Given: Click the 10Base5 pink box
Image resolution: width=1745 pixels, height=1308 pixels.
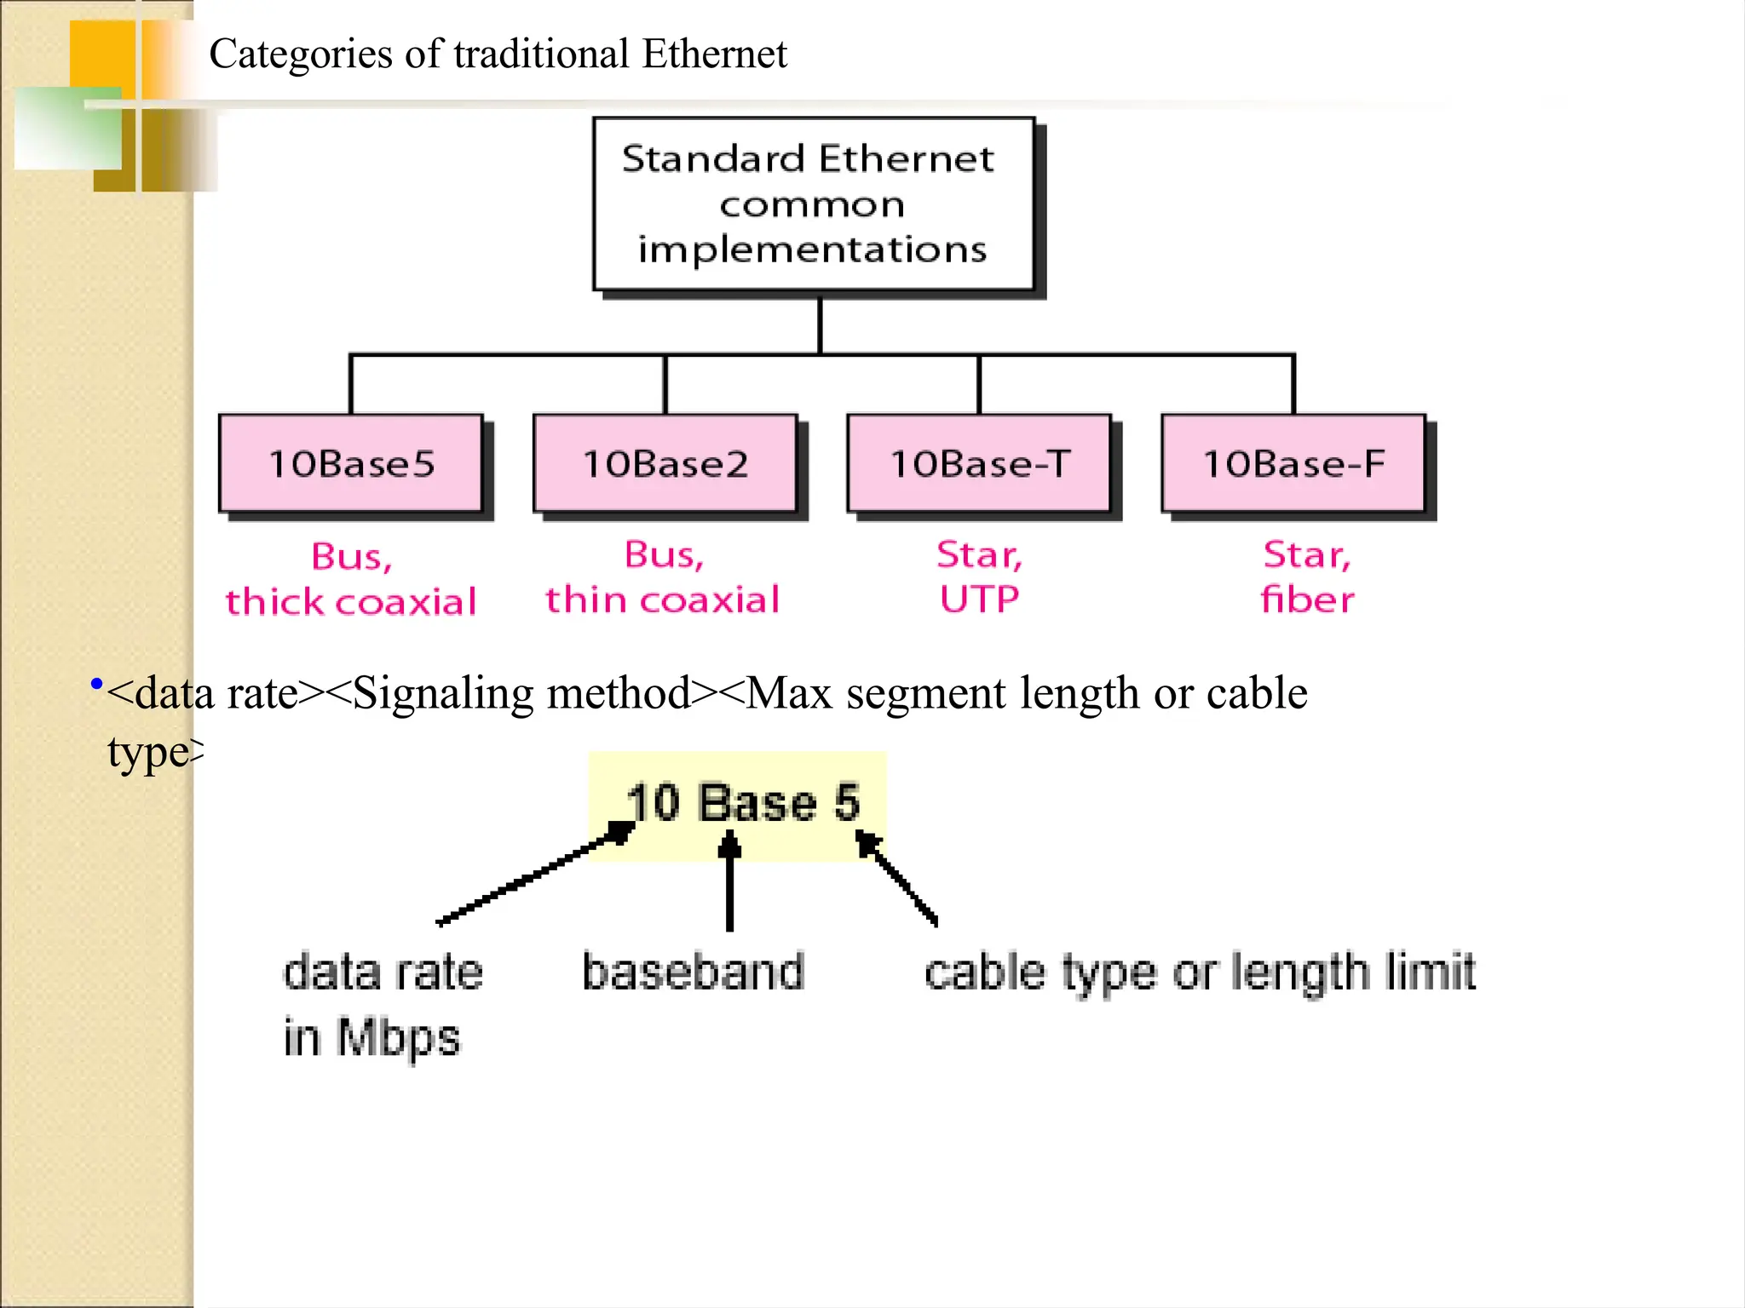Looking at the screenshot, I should [351, 463].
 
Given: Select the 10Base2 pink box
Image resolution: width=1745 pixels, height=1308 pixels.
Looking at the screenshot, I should [665, 463].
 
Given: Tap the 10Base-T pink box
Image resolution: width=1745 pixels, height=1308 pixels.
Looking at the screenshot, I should [979, 463].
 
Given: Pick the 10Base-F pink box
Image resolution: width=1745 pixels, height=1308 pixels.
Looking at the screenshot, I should [1293, 463].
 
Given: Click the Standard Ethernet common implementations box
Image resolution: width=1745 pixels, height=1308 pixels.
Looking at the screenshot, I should [814, 204].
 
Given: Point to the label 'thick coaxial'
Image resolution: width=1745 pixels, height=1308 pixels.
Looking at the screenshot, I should [351, 602].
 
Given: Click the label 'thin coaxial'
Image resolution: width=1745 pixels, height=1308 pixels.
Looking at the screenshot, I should [663, 599].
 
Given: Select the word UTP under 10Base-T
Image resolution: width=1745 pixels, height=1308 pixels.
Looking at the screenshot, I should [979, 599].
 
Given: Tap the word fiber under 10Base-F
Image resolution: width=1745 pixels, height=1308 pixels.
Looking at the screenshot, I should [1307, 599].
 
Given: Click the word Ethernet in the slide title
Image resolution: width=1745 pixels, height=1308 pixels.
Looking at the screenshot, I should [714, 54].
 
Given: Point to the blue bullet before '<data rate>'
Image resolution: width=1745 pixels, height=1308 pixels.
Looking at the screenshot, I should [96, 684].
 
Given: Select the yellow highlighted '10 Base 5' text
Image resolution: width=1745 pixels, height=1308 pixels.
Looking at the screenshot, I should [741, 802].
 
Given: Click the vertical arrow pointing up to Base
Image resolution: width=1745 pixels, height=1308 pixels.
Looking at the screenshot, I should [729, 881].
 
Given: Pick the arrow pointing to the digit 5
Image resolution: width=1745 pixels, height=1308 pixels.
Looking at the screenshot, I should [897, 878].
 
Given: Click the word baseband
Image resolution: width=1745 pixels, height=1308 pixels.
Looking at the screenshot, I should [693, 972].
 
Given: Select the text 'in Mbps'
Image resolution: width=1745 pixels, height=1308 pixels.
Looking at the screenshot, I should [371, 1038].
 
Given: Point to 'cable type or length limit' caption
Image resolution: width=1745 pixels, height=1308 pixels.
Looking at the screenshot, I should [1199, 972].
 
